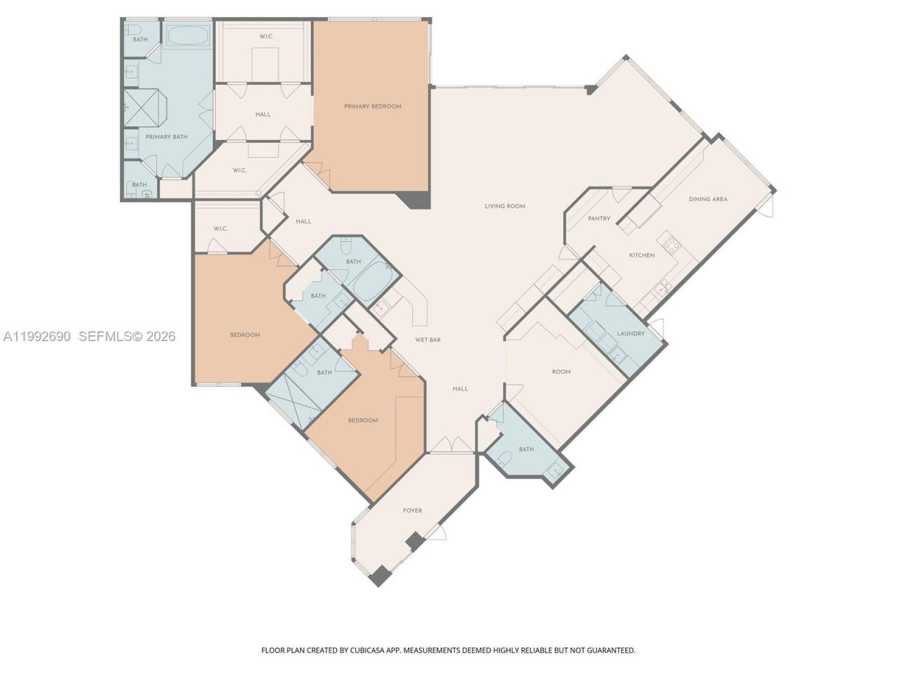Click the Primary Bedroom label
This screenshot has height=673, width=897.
tap(372, 107)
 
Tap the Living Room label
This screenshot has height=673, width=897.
tap(505, 206)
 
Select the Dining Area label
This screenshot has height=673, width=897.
tap(708, 199)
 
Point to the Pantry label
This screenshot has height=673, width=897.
tap(598, 219)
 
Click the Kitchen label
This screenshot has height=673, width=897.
tap(641, 255)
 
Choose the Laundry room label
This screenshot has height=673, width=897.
tap(631, 334)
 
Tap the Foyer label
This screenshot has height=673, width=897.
tap(412, 510)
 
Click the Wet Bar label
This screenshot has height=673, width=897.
tap(427, 340)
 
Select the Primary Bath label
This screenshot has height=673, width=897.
tap(166, 137)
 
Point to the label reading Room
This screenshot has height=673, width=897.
tap(561, 372)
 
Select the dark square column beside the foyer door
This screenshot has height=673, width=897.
tap(415, 541)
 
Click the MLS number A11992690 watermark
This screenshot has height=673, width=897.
tap(36, 336)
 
